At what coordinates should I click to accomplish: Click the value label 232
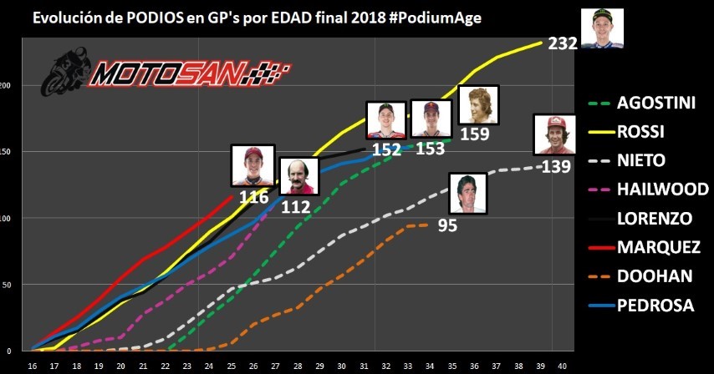pos(563,43)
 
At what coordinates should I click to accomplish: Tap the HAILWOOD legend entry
pos(660,190)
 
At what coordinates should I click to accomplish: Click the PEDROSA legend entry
pos(655,306)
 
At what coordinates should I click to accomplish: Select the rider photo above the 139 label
pos(554,135)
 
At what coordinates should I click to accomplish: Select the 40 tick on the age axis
pos(563,366)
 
